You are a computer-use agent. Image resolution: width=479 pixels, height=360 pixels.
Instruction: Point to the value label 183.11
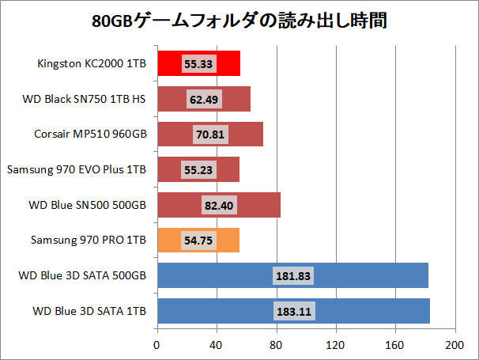click(293, 312)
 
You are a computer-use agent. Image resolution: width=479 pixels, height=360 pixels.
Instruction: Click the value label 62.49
click(204, 99)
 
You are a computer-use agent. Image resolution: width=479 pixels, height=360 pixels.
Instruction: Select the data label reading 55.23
click(198, 170)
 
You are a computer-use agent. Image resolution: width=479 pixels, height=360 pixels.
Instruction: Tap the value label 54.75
click(198, 241)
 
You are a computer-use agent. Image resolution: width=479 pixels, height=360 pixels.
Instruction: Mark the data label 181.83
click(292, 276)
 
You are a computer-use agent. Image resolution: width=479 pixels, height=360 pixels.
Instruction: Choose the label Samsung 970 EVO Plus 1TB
click(77, 169)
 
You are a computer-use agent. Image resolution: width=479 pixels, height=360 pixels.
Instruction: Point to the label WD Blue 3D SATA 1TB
click(89, 311)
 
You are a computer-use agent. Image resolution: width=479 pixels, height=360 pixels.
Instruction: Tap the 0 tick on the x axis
click(157, 345)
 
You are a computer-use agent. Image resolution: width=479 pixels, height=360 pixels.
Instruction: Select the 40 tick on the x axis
click(217, 345)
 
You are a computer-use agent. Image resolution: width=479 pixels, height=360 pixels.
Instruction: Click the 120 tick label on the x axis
click(336, 345)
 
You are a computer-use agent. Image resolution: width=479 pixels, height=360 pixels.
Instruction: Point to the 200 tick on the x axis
click(454, 345)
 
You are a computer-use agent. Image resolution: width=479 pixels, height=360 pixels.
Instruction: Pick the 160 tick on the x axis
click(395, 345)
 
